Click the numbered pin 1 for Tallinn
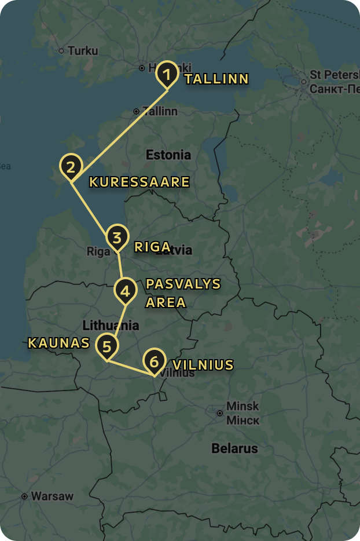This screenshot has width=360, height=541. click(167, 74)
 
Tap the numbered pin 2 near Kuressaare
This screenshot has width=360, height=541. click(71, 167)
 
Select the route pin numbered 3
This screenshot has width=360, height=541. click(117, 237)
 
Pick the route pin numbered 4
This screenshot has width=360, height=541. click(125, 290)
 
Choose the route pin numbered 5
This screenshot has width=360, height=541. click(107, 346)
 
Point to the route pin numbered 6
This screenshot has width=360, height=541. click(153, 361)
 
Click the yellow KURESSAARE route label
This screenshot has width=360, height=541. click(139, 182)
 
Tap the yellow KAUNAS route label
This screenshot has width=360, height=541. click(59, 343)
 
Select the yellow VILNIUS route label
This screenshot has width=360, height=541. click(203, 365)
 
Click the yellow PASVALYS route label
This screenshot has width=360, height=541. click(183, 284)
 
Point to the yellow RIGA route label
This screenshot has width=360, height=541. click(153, 247)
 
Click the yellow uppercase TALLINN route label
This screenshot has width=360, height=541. click(216, 79)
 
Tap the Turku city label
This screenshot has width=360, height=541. click(83, 51)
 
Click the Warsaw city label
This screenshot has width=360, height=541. click(52, 496)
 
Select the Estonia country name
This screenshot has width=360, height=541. click(168, 155)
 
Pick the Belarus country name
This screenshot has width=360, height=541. click(234, 448)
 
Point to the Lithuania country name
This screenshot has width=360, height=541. click(111, 325)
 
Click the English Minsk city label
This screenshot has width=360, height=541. click(243, 406)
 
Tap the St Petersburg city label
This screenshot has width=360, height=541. click(335, 75)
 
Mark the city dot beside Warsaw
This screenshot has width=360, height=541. click(24, 496)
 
